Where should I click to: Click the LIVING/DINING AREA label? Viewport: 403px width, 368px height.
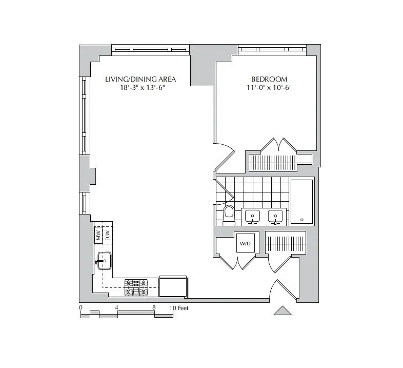(140, 79)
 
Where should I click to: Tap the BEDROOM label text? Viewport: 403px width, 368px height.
(269, 79)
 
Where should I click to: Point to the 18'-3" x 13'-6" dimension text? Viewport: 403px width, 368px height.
(143, 87)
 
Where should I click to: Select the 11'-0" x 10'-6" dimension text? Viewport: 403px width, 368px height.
(269, 87)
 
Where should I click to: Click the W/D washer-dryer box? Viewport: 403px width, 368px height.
(246, 243)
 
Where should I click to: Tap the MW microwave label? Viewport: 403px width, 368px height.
(98, 235)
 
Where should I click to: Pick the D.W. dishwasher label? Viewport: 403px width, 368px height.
(108, 235)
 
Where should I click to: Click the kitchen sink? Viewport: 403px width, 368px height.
(105, 261)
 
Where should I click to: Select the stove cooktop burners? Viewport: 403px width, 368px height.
(136, 287)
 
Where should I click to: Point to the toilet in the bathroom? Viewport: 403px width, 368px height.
(229, 215)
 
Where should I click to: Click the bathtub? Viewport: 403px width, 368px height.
(301, 202)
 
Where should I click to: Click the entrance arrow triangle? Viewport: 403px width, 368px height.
(283, 311)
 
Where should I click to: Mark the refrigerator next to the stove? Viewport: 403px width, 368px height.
(173, 286)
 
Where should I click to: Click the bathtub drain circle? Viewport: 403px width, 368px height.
(301, 220)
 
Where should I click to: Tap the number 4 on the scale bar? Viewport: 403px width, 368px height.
(116, 307)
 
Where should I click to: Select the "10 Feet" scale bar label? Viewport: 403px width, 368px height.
(179, 308)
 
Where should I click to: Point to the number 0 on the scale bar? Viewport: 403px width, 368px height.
(80, 307)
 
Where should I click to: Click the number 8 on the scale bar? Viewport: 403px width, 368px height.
(154, 307)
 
